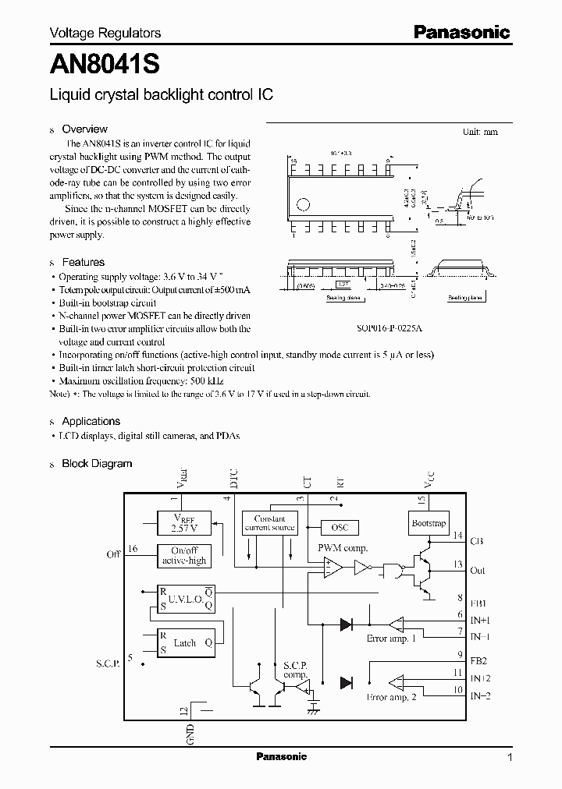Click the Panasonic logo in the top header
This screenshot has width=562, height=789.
(x=461, y=32)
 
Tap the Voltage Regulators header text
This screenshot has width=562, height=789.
(x=105, y=33)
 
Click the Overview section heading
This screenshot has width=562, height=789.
(x=84, y=129)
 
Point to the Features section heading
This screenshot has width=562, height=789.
(x=83, y=263)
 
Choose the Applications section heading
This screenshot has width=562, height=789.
(x=91, y=422)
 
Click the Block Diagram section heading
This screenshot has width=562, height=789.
(x=97, y=464)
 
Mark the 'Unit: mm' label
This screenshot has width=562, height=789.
(x=480, y=133)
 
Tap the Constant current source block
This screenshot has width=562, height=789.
(x=269, y=523)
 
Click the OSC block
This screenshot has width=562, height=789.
(x=340, y=528)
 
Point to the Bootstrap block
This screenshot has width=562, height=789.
(x=428, y=523)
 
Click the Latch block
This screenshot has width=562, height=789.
(x=183, y=643)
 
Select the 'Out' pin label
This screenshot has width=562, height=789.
(x=478, y=571)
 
